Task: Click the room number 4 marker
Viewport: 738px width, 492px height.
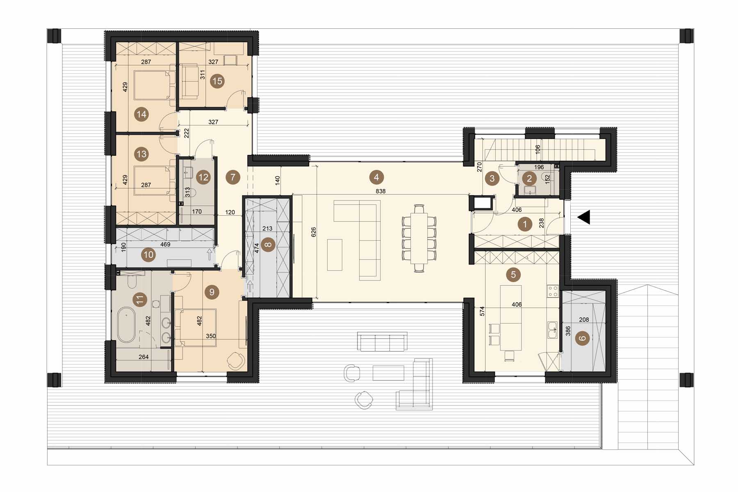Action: (376, 177)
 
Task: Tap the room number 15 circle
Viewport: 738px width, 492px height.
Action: (217, 81)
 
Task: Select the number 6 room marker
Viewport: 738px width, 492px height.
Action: (583, 338)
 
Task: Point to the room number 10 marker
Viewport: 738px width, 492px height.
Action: (148, 255)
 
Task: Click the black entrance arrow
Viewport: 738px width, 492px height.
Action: (584, 217)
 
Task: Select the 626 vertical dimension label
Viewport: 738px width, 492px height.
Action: (314, 232)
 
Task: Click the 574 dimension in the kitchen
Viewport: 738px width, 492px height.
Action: (482, 311)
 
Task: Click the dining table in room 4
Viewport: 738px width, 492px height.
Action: (419, 238)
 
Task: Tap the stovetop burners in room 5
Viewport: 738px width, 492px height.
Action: (553, 291)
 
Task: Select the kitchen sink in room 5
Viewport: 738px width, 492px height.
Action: (553, 330)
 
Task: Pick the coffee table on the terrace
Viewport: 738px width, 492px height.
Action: (388, 373)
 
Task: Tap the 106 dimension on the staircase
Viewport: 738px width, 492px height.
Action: (538, 149)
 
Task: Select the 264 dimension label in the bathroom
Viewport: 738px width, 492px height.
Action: (143, 357)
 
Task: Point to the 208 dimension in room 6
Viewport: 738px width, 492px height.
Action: (584, 319)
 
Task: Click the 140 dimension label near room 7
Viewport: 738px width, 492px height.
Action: (278, 180)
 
